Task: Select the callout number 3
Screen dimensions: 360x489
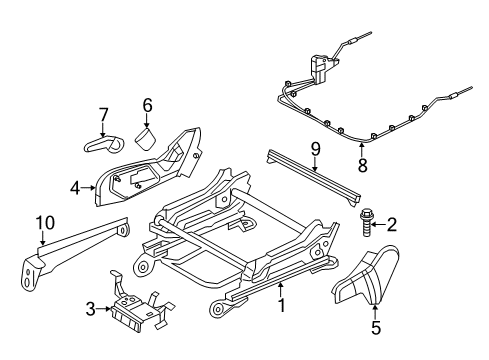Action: [91, 309]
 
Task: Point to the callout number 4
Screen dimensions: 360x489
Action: [75, 185]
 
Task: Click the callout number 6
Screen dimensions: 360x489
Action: [147, 104]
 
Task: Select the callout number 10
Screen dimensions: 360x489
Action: [44, 223]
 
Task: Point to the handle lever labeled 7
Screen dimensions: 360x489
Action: [101, 145]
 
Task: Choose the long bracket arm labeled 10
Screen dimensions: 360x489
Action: [75, 252]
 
